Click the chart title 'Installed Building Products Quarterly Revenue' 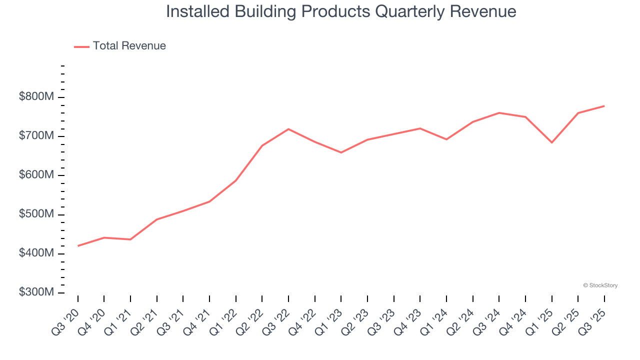341,11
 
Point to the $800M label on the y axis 36,97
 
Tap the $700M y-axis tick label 36,136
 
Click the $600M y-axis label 36,175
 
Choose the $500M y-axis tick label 36,214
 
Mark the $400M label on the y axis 36,253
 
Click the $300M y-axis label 36,292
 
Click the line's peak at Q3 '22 288,129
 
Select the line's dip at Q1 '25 552,142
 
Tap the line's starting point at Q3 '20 78,246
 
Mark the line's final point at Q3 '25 604,106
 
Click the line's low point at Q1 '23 341,152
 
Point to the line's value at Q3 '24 499,113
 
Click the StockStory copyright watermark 600,285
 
